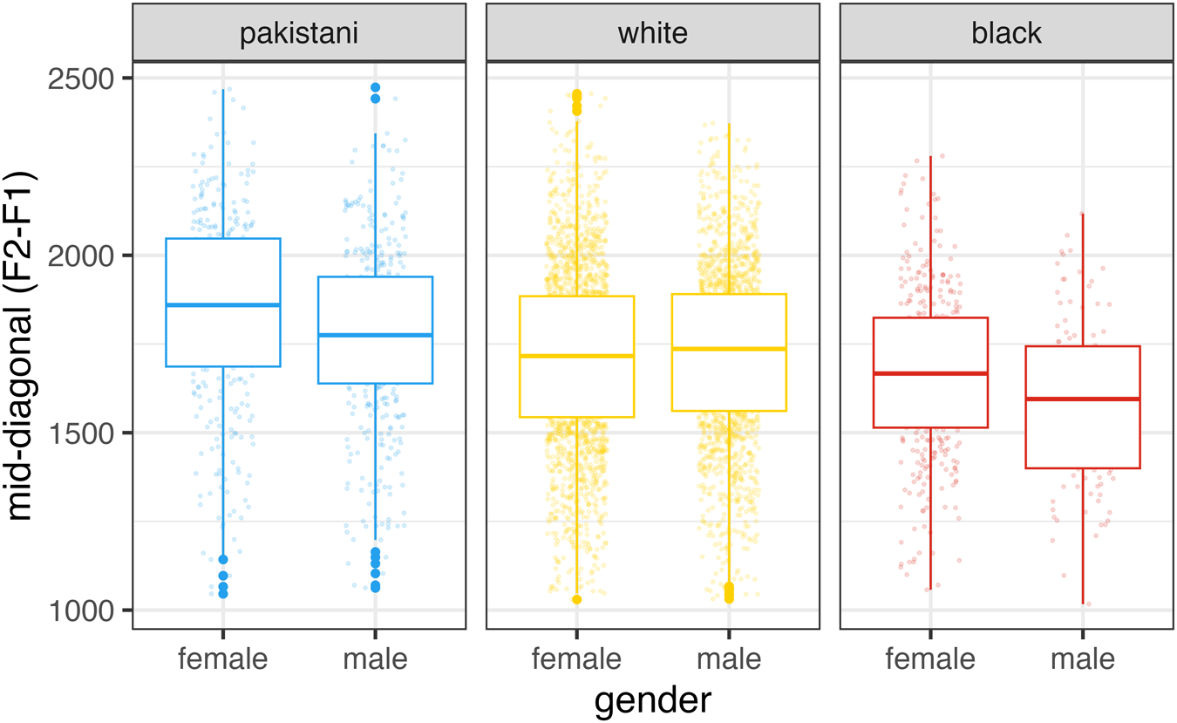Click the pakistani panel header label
pyautogui.click(x=299, y=33)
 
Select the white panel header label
pyautogui.click(x=653, y=33)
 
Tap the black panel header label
pyautogui.click(x=1006, y=33)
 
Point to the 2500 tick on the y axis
pyautogui.click(x=81, y=79)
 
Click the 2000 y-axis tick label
pyautogui.click(x=81, y=256)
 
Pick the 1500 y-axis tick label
pyautogui.click(x=81, y=433)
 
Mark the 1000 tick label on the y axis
pyautogui.click(x=81, y=611)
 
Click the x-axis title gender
pyautogui.click(x=653, y=701)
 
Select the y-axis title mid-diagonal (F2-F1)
pyautogui.click(x=20, y=345)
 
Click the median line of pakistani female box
pyautogui.click(x=223, y=304)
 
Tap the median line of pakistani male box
pyautogui.click(x=375, y=335)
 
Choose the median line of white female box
pyautogui.click(x=577, y=356)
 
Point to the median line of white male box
pyautogui.click(x=729, y=349)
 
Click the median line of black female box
pyautogui.click(x=930, y=373)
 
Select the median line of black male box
pyautogui.click(x=1083, y=399)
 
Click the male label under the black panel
pyautogui.click(x=1083, y=658)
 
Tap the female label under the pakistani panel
pyautogui.click(x=223, y=658)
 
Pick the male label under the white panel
pyautogui.click(x=729, y=658)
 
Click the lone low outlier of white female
pyautogui.click(x=577, y=599)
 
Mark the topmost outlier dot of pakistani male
pyautogui.click(x=375, y=87)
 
